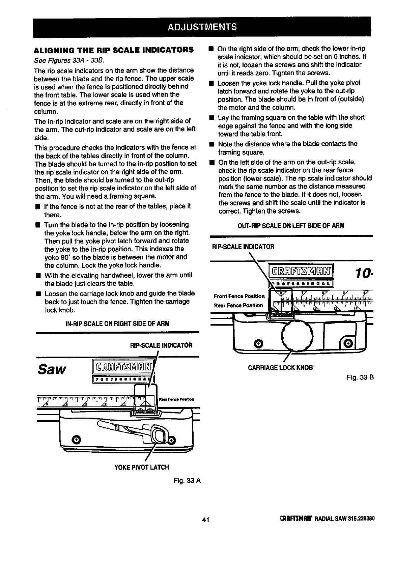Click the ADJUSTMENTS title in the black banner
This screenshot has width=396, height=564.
[x=202, y=27]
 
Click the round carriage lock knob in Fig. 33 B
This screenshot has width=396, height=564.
[x=298, y=334]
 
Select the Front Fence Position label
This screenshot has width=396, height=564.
[x=239, y=296]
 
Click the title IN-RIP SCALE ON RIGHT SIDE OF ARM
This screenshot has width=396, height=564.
[x=117, y=324]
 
